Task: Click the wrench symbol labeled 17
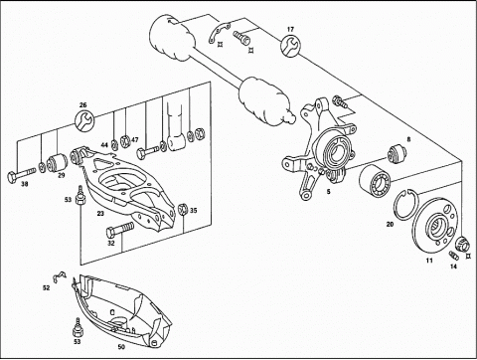click(x=290, y=47)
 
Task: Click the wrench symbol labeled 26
click(x=84, y=120)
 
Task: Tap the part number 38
click(x=25, y=184)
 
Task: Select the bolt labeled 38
click(x=21, y=175)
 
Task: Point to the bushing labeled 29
click(x=57, y=163)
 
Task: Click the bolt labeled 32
click(x=119, y=230)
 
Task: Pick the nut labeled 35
click(x=183, y=209)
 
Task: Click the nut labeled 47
click(x=125, y=141)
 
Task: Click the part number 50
click(x=121, y=347)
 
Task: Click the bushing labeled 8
click(x=397, y=154)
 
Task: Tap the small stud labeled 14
click(x=453, y=256)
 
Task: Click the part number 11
click(x=429, y=261)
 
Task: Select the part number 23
click(x=100, y=214)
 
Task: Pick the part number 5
click(x=328, y=192)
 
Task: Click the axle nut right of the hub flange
click(x=463, y=245)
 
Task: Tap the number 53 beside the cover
click(x=77, y=341)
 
